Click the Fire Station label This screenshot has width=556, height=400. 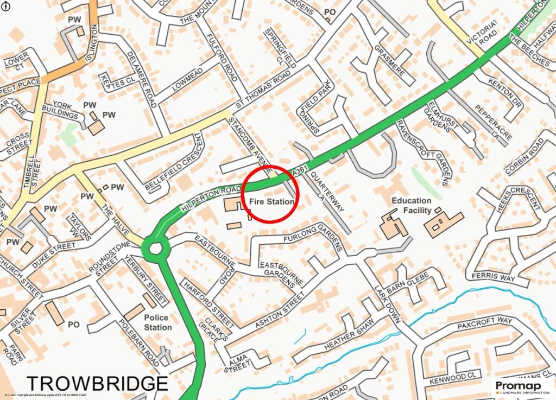271,201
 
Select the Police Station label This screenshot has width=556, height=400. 158,322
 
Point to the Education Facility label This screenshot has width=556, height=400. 412,205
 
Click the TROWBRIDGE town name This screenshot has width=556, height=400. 97,384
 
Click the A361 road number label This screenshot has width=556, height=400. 299,172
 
